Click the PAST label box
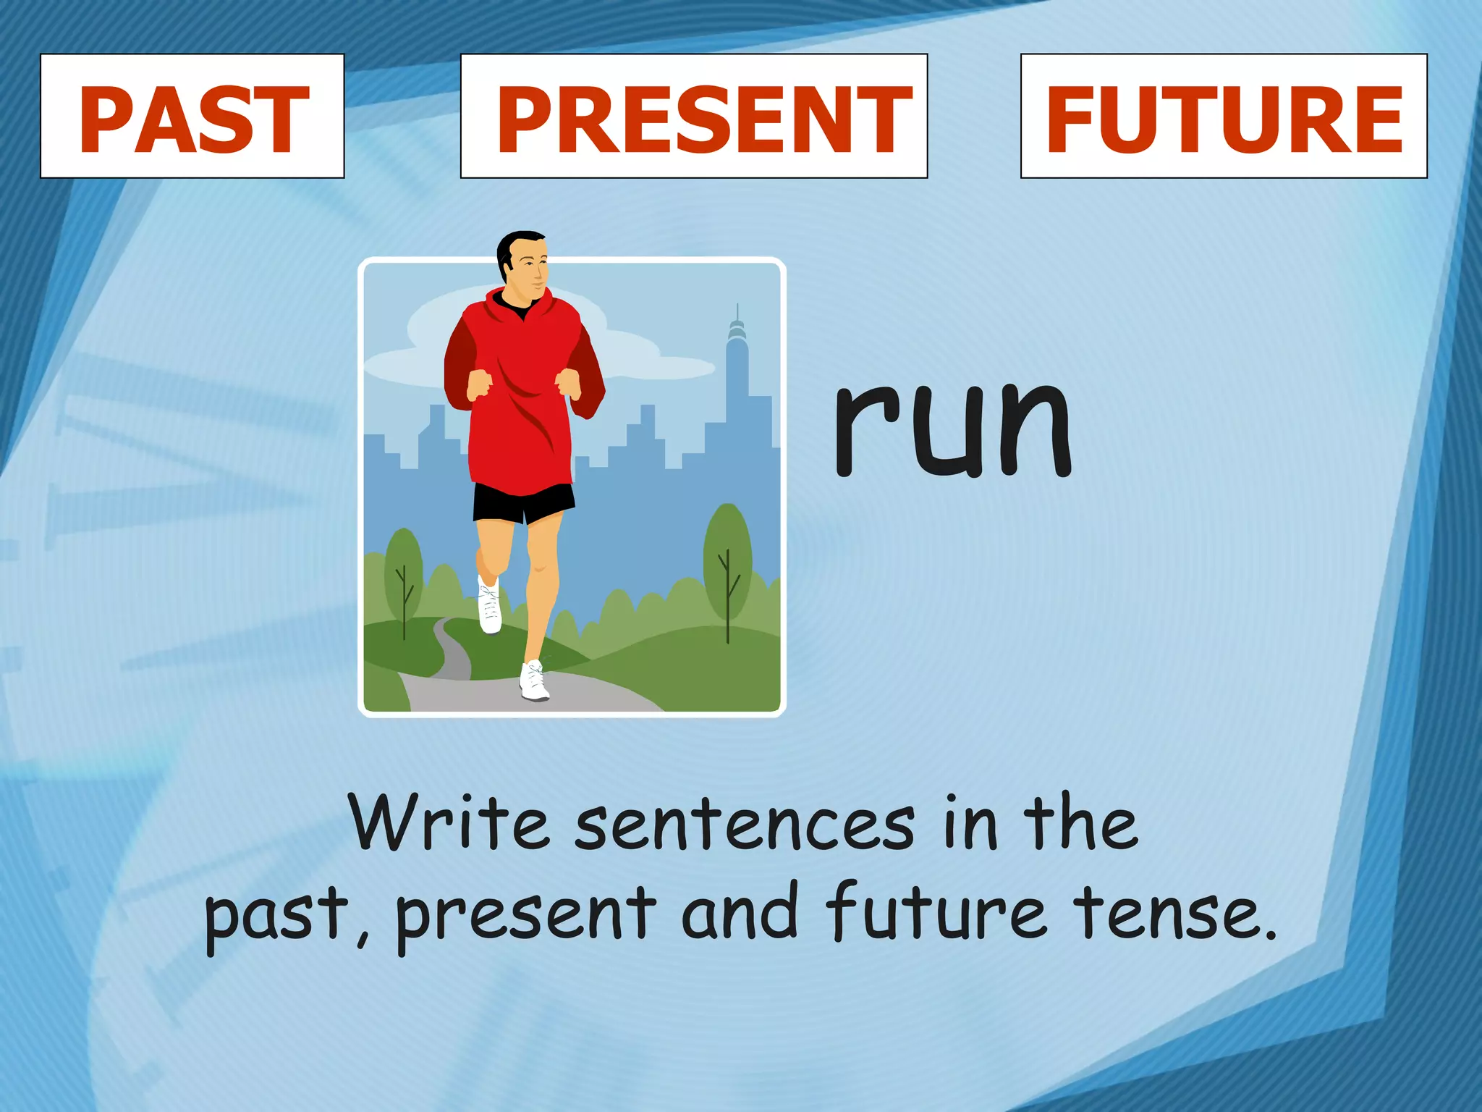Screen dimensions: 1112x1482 pos(192,116)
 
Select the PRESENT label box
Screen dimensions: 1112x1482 pos(693,116)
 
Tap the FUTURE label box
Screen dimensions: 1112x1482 pos(1223,116)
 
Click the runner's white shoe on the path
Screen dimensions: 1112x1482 pos(534,682)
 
